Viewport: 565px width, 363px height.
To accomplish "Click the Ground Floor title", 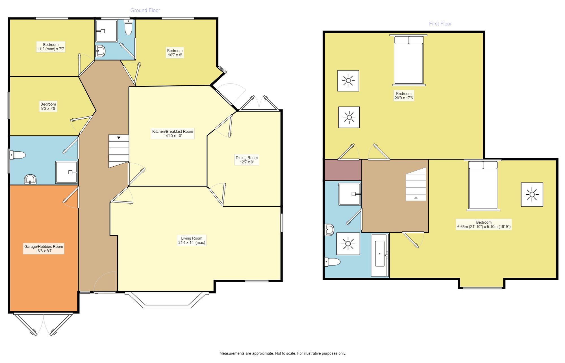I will (x=145, y=10).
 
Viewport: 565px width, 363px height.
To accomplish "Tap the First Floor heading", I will (x=440, y=24).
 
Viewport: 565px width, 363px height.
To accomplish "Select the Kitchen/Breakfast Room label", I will (x=173, y=134).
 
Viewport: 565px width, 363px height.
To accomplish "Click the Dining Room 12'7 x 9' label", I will (x=247, y=160).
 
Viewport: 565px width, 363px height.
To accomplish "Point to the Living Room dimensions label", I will (x=192, y=240).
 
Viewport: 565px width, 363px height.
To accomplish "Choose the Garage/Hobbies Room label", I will (x=44, y=249).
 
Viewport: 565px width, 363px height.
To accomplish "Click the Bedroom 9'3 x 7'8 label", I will (x=48, y=106).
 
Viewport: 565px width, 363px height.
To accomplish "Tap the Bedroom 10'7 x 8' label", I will (x=175, y=53).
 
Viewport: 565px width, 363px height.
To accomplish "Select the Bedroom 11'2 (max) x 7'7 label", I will (x=51, y=47).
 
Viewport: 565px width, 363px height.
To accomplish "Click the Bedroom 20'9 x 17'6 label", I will (x=404, y=96).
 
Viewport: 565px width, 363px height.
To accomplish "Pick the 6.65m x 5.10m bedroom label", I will (x=484, y=225).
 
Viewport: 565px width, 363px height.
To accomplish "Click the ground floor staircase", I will (x=119, y=151).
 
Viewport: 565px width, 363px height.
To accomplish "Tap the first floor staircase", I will (x=416, y=184).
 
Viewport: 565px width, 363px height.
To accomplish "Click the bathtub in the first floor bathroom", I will (x=380, y=255).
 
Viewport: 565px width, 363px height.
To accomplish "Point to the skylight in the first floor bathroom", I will (x=348, y=244).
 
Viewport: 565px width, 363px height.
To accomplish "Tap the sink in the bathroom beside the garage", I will (x=30, y=179).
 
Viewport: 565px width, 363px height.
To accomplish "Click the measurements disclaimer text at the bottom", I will (x=282, y=353).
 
